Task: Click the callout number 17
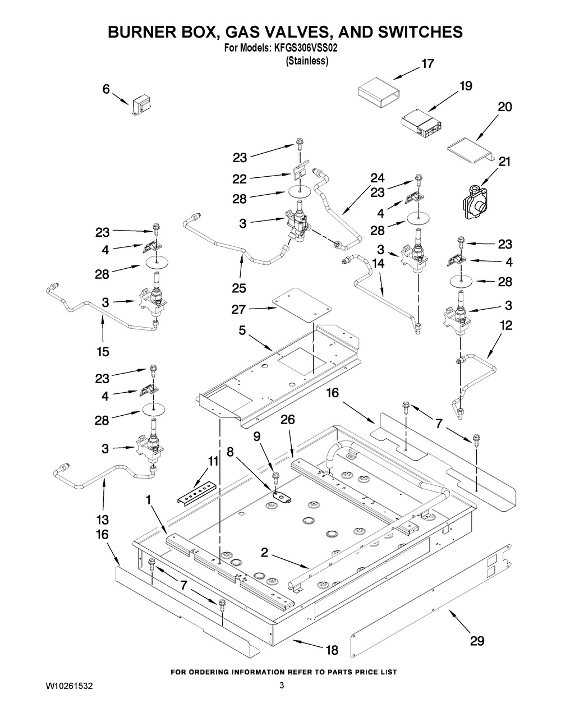click(x=427, y=64)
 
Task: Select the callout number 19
click(x=466, y=86)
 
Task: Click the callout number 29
click(x=477, y=641)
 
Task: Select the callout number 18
click(x=332, y=650)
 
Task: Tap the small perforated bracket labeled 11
click(x=196, y=492)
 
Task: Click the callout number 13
click(x=102, y=519)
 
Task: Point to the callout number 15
click(x=102, y=352)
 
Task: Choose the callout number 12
click(x=505, y=325)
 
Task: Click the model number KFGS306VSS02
click(x=305, y=49)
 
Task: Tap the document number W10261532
click(x=70, y=686)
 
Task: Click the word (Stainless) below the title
click(x=307, y=61)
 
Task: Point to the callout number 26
click(x=287, y=420)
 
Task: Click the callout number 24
click(x=377, y=178)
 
